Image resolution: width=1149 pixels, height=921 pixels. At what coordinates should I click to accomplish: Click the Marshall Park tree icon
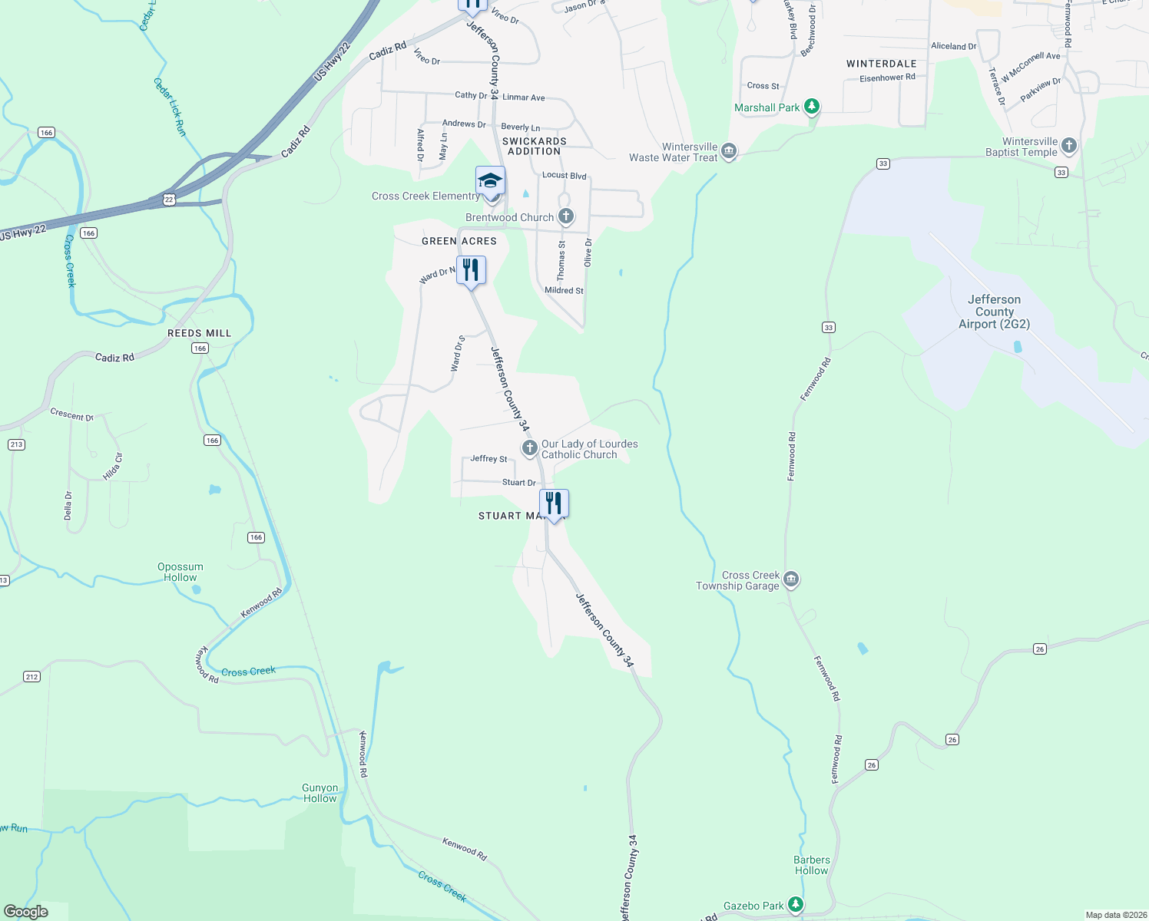click(812, 107)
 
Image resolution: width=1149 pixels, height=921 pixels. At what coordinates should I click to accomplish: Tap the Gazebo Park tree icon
click(796, 906)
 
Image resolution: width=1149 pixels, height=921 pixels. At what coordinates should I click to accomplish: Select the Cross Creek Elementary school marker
click(490, 181)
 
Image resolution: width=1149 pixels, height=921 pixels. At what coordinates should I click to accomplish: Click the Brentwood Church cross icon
click(566, 216)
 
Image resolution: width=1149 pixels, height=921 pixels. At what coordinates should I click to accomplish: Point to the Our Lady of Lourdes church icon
click(529, 448)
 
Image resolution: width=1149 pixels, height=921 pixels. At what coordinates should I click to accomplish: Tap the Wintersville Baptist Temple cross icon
click(1068, 146)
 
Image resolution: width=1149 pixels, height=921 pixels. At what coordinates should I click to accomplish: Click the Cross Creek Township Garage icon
click(791, 579)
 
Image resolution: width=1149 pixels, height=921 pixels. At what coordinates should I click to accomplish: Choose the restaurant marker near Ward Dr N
click(471, 270)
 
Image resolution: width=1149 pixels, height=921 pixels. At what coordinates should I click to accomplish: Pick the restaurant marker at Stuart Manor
click(554, 503)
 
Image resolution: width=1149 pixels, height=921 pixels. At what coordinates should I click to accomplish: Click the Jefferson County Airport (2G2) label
click(994, 312)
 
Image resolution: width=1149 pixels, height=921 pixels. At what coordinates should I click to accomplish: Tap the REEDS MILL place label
click(200, 333)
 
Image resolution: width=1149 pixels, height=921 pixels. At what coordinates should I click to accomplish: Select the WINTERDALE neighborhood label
click(881, 64)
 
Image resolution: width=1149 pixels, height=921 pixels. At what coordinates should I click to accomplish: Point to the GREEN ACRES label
click(459, 241)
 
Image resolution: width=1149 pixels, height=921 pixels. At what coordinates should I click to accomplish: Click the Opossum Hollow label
click(180, 572)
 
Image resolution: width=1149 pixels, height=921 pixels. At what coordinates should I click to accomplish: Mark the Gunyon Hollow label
click(320, 793)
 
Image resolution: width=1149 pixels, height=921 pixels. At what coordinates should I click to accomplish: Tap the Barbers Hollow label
click(812, 865)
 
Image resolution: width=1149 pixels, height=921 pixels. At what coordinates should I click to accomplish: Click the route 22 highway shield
click(169, 200)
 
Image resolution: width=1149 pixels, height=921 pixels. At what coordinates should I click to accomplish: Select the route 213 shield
click(16, 444)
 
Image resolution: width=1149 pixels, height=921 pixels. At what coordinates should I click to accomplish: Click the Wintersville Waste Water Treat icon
click(729, 151)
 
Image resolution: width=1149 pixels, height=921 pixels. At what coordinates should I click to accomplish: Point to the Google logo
click(26, 911)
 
